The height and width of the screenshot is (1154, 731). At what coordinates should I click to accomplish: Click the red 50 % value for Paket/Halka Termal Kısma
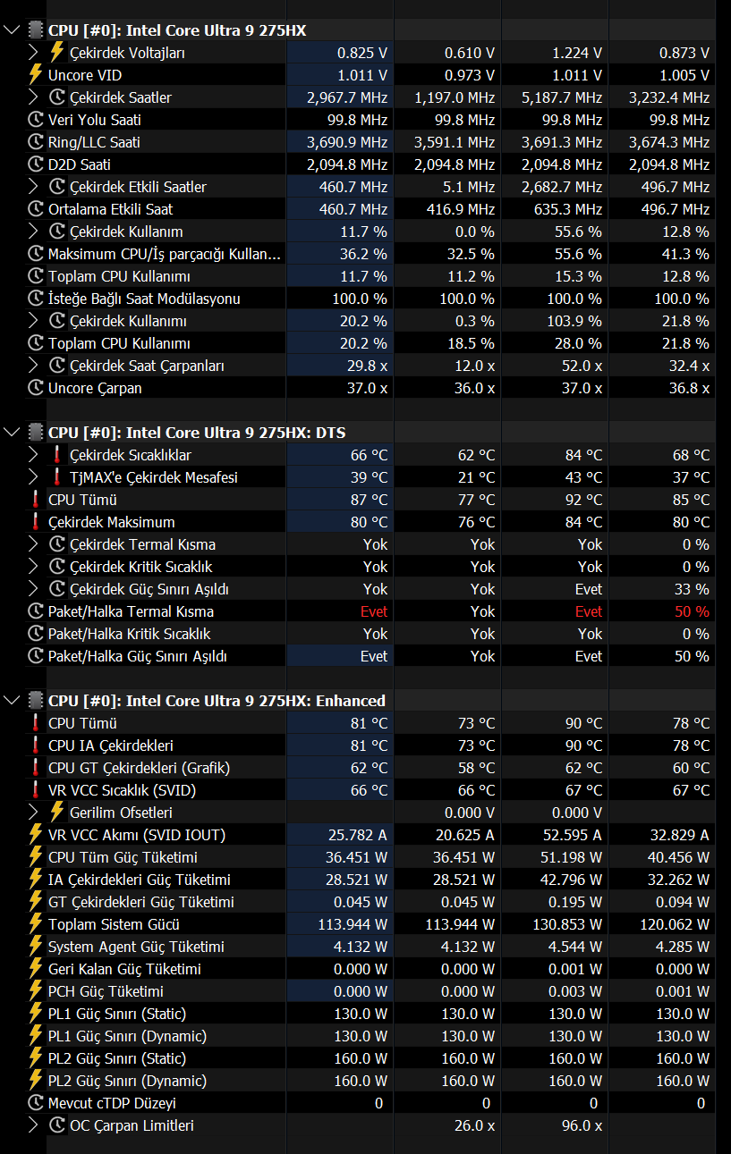point(692,611)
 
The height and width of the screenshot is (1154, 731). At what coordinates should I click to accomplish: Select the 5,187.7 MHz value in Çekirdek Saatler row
point(561,97)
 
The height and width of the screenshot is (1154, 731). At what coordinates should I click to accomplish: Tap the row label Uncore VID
point(85,75)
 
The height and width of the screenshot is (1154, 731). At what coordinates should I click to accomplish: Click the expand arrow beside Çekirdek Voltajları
point(33,53)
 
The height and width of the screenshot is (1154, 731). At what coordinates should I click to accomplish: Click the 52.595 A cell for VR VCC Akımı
point(572,835)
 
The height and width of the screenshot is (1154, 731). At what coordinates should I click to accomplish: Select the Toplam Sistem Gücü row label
point(114,924)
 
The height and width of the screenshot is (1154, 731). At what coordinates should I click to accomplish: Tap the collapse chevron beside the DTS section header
point(12,433)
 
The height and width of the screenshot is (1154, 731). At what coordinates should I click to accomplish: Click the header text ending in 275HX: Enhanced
point(217,701)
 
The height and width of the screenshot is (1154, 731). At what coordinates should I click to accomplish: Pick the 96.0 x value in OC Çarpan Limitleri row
point(582,1125)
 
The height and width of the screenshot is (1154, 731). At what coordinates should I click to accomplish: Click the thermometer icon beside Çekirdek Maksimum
point(35,522)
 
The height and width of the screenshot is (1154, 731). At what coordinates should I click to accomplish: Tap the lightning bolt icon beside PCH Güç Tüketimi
point(35,991)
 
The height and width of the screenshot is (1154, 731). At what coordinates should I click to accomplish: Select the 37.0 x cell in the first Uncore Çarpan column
point(367,388)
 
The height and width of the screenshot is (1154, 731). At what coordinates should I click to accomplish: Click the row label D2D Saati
point(80,164)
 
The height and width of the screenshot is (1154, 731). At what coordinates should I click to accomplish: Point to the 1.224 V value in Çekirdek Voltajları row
point(577,53)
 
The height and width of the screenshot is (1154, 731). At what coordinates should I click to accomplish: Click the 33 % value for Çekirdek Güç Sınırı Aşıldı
point(692,589)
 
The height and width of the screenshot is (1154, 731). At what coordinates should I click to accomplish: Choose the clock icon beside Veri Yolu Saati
point(35,120)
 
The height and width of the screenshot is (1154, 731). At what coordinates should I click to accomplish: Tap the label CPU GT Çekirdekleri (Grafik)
point(140,768)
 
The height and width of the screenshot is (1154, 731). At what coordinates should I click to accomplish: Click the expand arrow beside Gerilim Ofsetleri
point(33,813)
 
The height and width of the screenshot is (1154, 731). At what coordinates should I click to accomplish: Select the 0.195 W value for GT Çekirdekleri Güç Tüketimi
point(574,902)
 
